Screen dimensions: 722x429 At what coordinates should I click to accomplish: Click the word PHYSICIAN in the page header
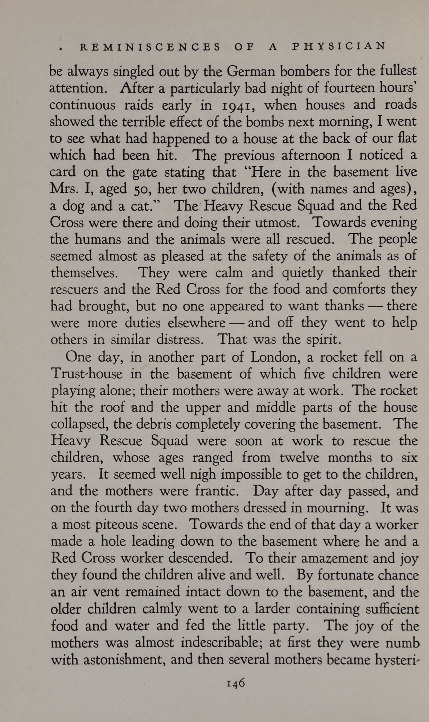[x=339, y=46]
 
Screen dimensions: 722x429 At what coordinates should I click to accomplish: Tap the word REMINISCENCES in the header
[x=151, y=47]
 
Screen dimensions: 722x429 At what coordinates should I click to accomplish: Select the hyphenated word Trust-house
[x=87, y=374]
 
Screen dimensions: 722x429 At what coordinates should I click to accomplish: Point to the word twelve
[x=299, y=458]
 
